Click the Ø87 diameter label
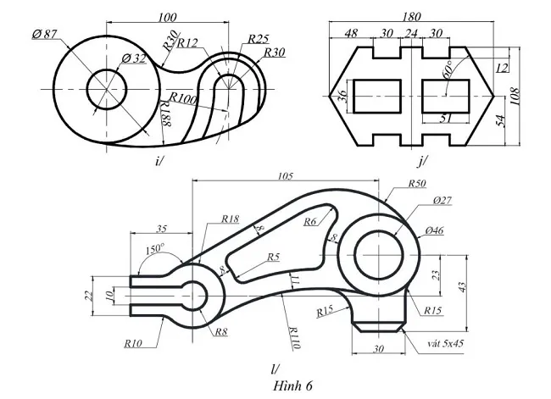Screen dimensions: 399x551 click(x=44, y=33)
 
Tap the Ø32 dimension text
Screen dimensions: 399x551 click(x=134, y=58)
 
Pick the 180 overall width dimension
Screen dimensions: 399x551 click(x=411, y=17)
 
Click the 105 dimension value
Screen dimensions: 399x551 click(x=284, y=176)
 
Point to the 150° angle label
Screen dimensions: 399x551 click(x=153, y=250)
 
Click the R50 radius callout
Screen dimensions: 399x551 click(x=418, y=184)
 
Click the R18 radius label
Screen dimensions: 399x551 click(x=230, y=219)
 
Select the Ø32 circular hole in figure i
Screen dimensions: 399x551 click(x=107, y=87)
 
